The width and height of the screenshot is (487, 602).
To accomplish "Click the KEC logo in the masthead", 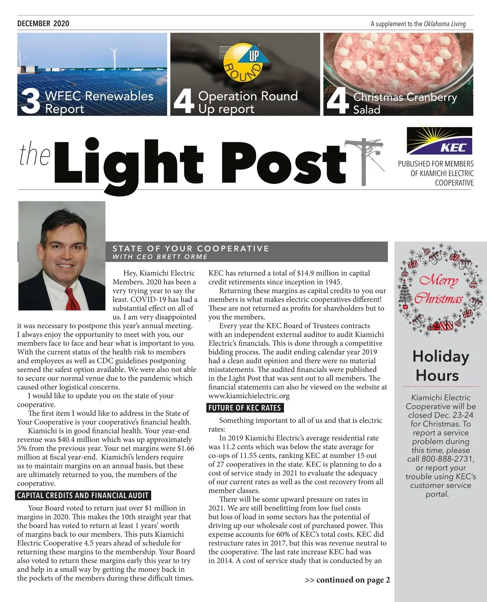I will (x=440, y=141).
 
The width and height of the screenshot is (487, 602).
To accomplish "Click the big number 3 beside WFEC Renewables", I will (x=30, y=102).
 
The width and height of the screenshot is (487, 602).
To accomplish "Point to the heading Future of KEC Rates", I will (x=245, y=408).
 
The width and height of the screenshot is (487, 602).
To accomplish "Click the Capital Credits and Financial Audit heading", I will (x=83, y=496).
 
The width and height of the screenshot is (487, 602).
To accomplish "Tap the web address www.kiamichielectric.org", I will (x=249, y=396).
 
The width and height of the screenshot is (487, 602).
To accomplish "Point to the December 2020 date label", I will (x=43, y=24).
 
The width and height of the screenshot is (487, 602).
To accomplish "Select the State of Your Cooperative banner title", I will (x=191, y=248).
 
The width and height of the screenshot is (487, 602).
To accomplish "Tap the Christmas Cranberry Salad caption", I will (x=405, y=103).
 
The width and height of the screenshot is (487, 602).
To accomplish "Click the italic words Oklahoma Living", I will (x=445, y=24).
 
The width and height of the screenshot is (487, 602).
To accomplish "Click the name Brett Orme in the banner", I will (x=182, y=257).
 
